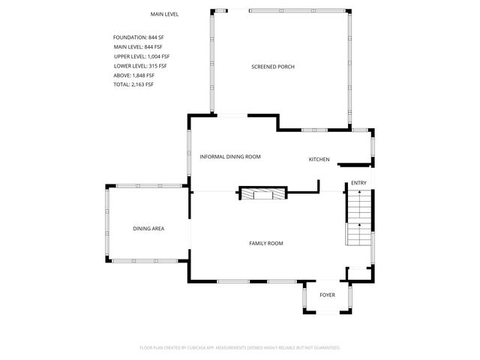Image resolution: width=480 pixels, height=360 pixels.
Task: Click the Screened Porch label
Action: tap(272, 67)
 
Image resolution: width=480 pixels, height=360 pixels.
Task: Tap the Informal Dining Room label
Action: tap(230, 157)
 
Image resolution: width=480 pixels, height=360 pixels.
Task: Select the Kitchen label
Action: tap(319, 159)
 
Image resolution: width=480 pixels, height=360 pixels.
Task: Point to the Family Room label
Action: tap(266, 243)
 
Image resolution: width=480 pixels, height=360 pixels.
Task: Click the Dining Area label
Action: tap(148, 229)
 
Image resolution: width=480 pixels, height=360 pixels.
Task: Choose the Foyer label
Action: tap(328, 295)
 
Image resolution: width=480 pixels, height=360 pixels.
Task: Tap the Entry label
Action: tap(358, 183)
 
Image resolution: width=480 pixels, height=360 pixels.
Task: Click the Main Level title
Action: tap(164, 14)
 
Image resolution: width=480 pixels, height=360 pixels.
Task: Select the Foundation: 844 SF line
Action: tap(138, 37)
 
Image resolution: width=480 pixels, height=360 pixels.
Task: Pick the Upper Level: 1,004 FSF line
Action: tap(142, 56)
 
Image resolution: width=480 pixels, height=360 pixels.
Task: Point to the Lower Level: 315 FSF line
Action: tap(141, 66)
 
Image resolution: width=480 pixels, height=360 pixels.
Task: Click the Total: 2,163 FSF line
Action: tap(133, 85)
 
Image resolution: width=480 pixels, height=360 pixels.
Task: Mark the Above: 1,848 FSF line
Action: tap(134, 75)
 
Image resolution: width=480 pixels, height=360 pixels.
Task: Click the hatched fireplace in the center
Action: tap(262, 193)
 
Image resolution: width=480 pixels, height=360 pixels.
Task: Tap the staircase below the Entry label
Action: tap(358, 217)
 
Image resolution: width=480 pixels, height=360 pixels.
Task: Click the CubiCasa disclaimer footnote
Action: tap(240, 348)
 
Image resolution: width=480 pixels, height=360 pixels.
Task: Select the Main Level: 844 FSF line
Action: tap(138, 47)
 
